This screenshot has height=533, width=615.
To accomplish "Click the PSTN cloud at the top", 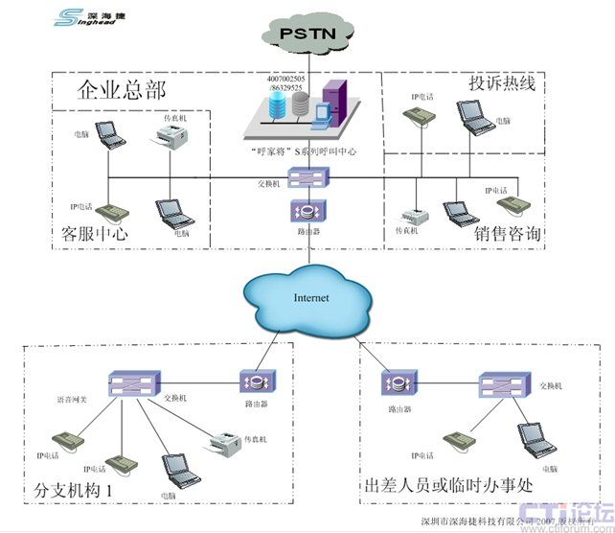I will click(309, 35).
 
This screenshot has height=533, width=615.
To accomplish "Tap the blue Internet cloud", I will click(309, 298).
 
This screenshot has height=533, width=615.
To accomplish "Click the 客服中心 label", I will click(95, 233).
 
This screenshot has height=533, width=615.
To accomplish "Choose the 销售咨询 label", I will click(508, 235).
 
